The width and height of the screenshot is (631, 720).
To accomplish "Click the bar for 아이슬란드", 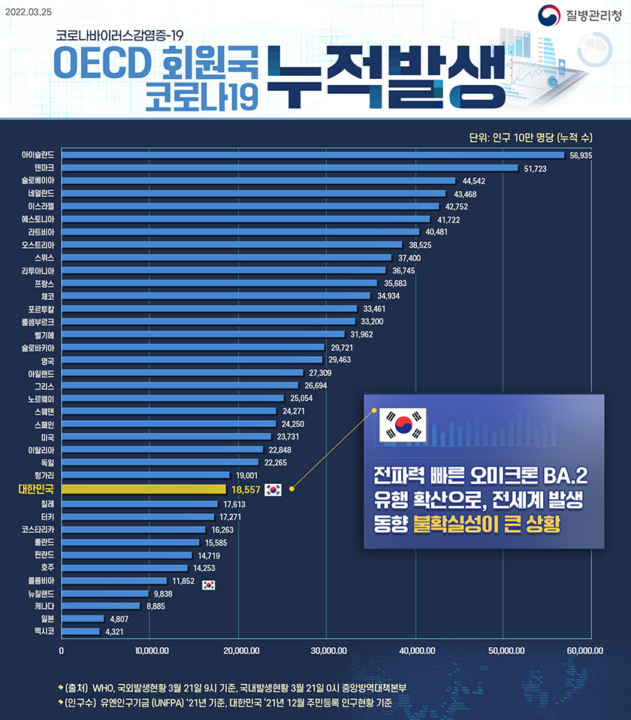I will pos(312,155).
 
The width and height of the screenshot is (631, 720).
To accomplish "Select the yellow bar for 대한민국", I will pos(143,489).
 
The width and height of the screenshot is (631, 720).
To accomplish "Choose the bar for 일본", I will pos(83,619).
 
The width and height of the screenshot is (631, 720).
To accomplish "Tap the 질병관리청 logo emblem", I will pos(549,16).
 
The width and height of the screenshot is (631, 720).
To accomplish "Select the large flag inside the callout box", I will pos(404,425).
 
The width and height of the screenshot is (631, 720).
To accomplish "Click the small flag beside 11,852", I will pos(209,585).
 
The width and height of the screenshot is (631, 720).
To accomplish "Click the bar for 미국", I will pos(166,436).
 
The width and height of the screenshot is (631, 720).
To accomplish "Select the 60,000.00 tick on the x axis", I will pos(584,650).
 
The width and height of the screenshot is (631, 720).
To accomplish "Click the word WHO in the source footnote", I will pos(101,688).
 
